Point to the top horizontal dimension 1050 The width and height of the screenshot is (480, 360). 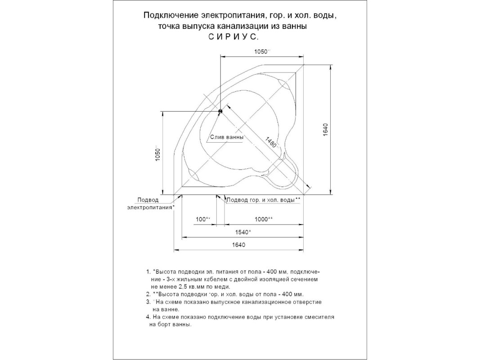pos(261,51)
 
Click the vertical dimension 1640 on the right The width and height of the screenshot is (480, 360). pos(326,130)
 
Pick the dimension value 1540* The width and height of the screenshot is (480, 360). pos(243,232)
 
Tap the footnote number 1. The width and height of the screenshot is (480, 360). pos(148,272)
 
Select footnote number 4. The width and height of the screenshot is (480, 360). pos(148,317)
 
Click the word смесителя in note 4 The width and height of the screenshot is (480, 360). pos(319,317)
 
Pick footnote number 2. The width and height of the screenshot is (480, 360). pos(148,294)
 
